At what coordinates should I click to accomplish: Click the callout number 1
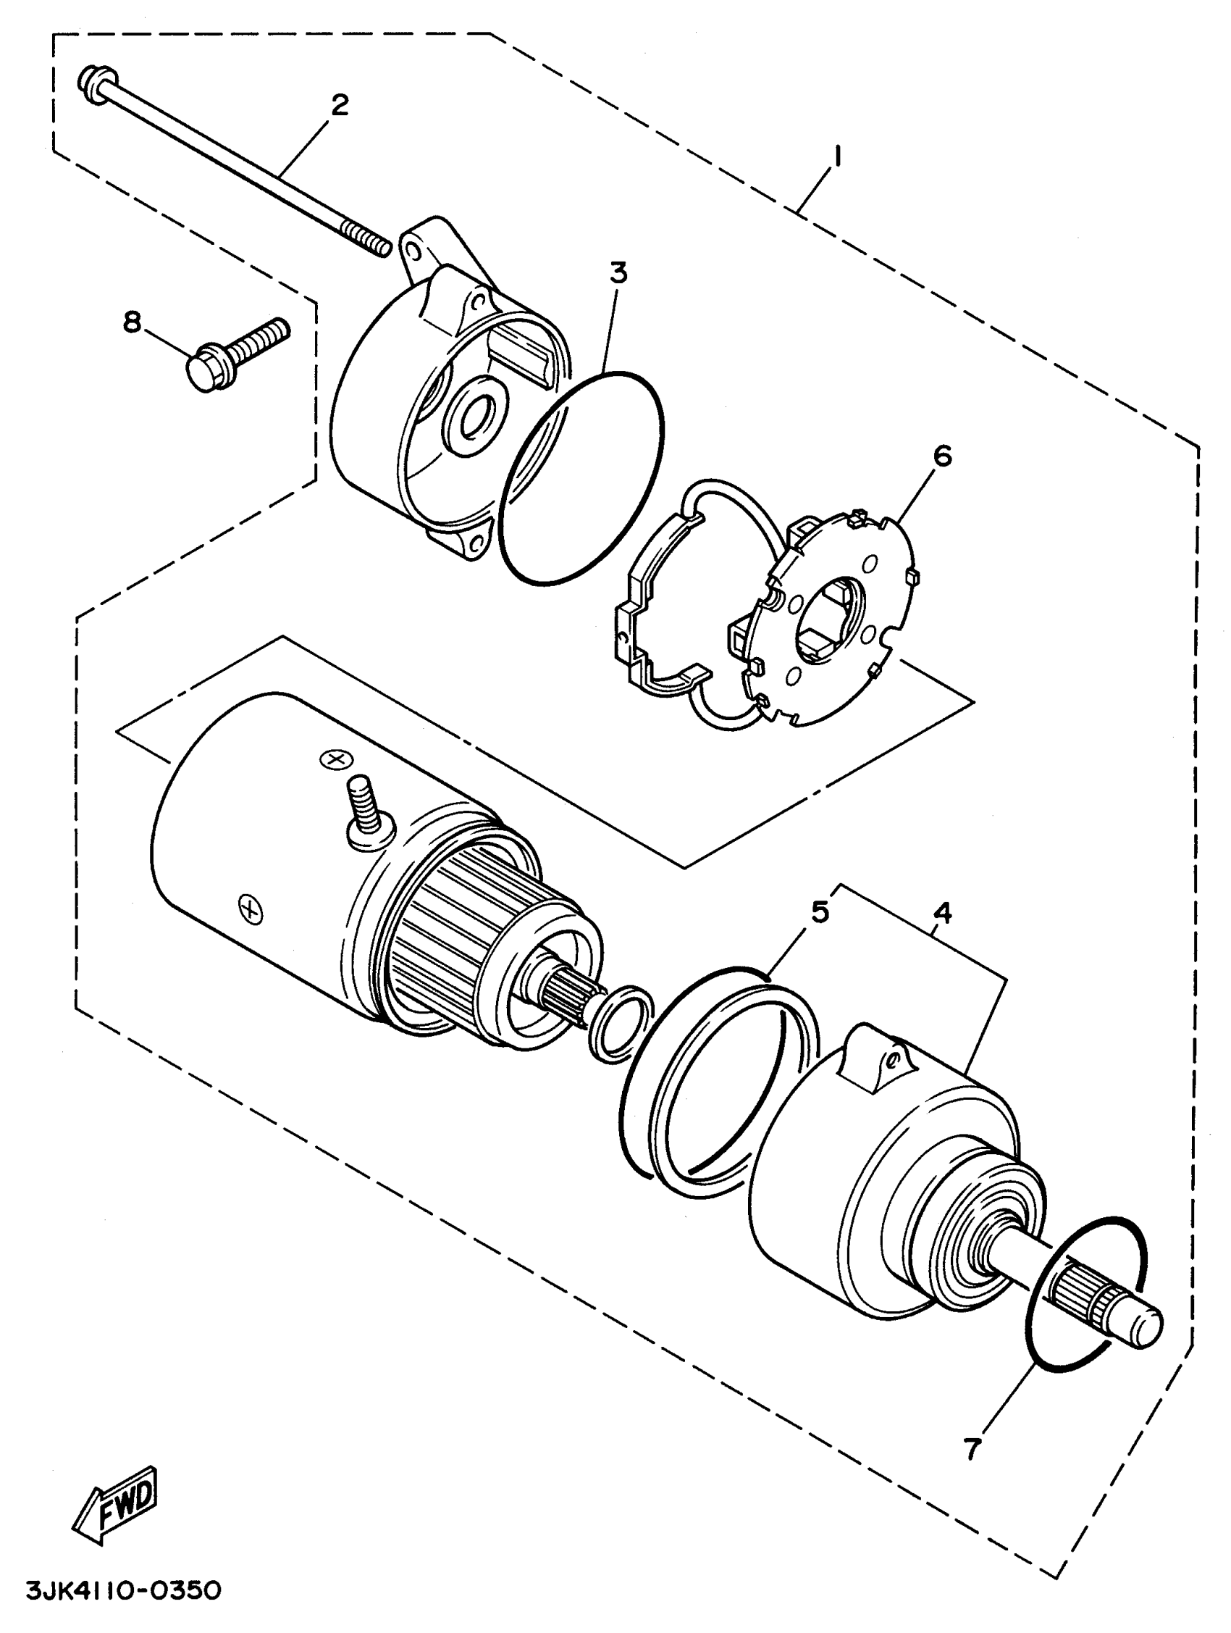point(836,158)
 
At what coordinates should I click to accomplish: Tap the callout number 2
point(339,106)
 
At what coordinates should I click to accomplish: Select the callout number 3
point(618,272)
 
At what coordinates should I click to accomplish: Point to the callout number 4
point(941,914)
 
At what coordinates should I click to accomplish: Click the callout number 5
point(820,911)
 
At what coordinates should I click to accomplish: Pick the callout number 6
point(942,456)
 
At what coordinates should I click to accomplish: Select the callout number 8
point(132,322)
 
